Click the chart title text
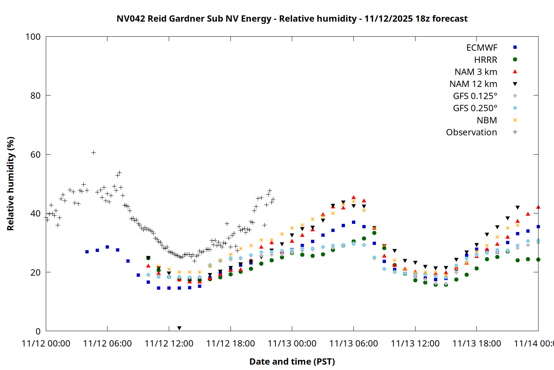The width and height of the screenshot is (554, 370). (292, 18)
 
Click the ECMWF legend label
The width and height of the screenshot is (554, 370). (482, 48)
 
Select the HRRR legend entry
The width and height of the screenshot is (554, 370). (486, 60)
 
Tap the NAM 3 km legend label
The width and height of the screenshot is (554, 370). (476, 72)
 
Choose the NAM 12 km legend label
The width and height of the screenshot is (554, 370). (473, 84)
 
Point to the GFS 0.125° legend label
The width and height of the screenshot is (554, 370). (475, 96)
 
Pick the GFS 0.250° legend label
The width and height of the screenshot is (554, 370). (475, 108)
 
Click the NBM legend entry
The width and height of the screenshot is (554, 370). (487, 120)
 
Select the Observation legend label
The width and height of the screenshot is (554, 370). (471, 132)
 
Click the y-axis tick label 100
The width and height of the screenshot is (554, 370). (33, 37)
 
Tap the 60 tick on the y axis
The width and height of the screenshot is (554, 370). (35, 155)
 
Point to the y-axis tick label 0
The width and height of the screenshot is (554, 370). (38, 332)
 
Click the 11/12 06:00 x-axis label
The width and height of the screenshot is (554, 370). (107, 344)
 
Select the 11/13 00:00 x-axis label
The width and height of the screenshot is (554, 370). (292, 344)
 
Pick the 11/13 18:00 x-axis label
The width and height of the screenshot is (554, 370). (476, 344)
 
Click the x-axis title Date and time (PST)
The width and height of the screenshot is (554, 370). (292, 361)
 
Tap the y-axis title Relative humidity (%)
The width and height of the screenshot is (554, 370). (10, 184)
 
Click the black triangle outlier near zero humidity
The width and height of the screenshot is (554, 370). (179, 328)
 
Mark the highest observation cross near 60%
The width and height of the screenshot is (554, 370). (93, 152)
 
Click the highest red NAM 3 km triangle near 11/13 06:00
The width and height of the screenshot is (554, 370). (353, 198)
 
